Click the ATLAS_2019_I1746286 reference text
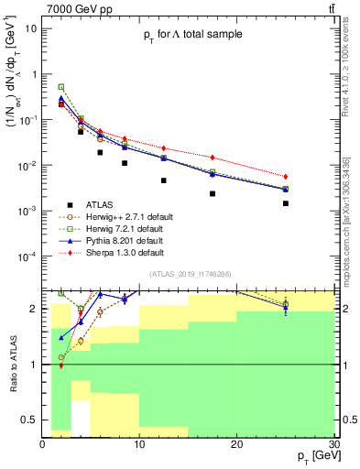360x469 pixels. click(194, 274)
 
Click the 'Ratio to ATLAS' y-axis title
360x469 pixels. click(12, 364)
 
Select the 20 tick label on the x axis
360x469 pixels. click(236, 444)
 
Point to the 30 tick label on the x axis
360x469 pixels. click(333, 444)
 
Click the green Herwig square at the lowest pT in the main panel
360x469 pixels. click(61, 87)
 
